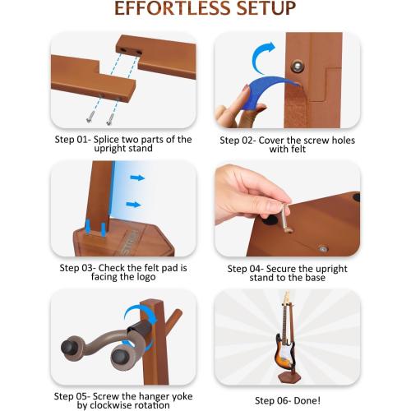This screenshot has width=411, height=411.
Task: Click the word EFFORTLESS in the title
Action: tap(167, 10)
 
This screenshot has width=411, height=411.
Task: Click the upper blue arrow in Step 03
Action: tap(136, 177)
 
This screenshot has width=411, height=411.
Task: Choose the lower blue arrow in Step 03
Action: tap(132, 204)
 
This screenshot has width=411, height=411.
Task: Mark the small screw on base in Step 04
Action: tap(323, 246)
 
